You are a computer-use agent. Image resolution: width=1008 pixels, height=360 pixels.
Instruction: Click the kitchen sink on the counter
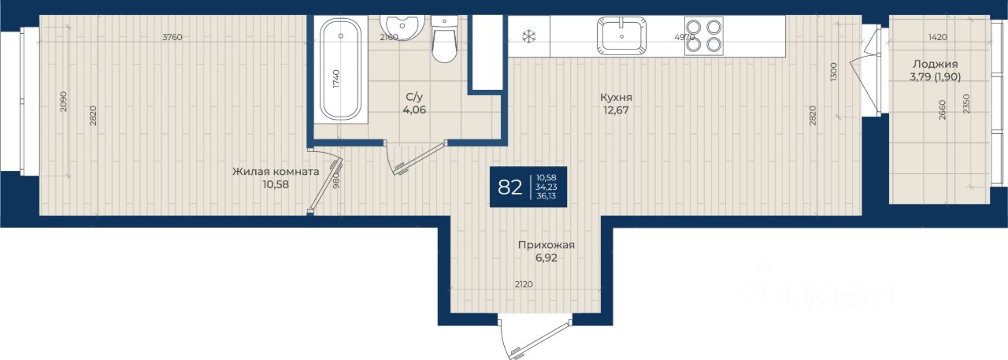point(621,36)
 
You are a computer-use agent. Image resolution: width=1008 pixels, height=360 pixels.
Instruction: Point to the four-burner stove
point(704,36)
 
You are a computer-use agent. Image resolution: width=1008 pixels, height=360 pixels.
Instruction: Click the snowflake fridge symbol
point(528,36)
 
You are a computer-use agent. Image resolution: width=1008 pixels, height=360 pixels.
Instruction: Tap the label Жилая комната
point(276,172)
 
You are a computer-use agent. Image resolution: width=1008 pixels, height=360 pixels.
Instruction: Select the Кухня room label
point(616,97)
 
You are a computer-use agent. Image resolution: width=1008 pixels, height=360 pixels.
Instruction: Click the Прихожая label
point(547,245)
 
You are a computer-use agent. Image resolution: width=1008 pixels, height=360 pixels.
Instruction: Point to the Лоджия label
point(935,65)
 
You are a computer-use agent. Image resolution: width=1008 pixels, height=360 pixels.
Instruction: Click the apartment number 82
point(510,187)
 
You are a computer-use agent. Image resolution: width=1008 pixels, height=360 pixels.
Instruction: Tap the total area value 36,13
point(547,196)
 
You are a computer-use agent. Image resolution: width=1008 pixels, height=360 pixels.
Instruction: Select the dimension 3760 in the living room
point(172,37)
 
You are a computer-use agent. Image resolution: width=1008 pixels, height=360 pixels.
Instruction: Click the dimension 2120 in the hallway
point(524,284)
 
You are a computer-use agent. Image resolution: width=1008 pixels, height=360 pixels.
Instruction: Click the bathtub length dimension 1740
point(336,79)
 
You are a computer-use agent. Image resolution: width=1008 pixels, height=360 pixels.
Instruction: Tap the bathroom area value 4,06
point(414,109)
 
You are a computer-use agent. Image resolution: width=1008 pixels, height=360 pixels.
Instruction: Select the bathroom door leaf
point(421,158)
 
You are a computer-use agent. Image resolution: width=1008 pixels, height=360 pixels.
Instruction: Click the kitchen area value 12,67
point(616,110)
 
